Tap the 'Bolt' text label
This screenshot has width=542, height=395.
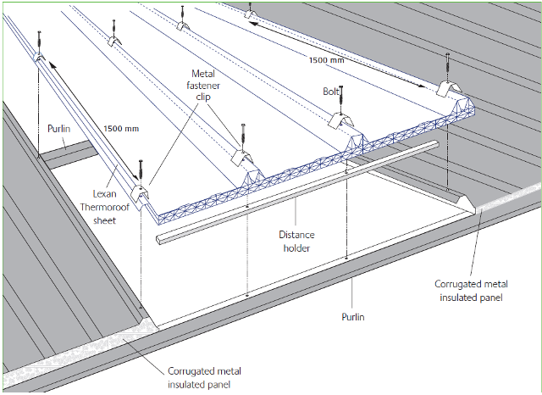[x=331, y=90]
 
